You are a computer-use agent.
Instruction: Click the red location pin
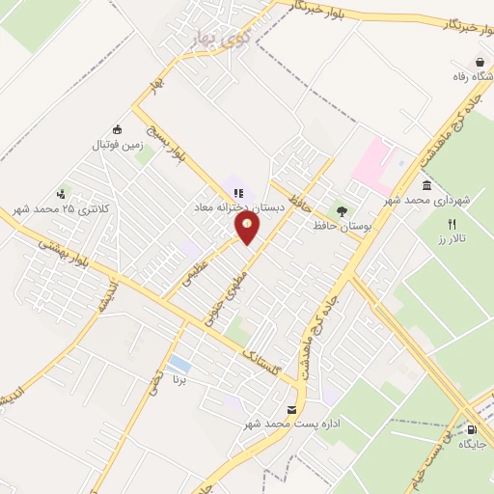click(248, 227)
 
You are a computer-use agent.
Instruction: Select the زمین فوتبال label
click(117, 145)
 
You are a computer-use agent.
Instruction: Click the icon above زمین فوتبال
click(118, 130)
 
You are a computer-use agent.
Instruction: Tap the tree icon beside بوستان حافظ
click(340, 209)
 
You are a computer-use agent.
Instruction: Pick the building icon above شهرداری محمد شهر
click(425, 185)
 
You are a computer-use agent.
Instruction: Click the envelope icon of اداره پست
click(292, 410)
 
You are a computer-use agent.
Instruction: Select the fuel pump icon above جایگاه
click(471, 429)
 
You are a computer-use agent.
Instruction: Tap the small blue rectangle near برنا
click(178, 364)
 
